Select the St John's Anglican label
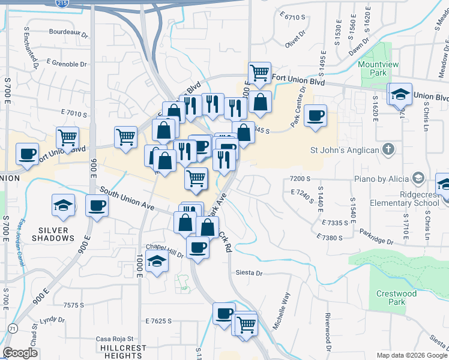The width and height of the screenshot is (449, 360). tap(344, 150)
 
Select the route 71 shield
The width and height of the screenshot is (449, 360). tap(12, 328)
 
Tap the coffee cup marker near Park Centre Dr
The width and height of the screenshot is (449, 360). tap(315, 116)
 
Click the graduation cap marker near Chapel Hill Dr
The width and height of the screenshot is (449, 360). tap(157, 262)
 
